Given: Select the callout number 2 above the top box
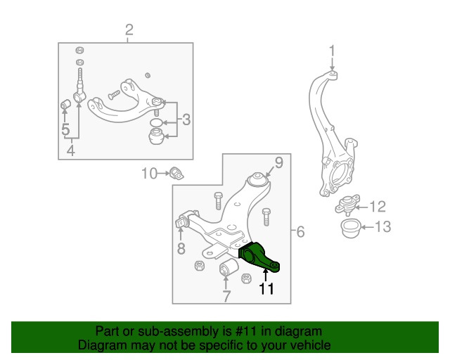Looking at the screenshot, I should click(x=129, y=30).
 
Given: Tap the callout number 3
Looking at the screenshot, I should click(x=186, y=120).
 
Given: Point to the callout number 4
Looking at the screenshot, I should click(x=70, y=150).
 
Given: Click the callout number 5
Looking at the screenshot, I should click(x=65, y=129).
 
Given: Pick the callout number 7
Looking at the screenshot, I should click(x=226, y=296).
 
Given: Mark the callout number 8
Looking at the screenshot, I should click(x=181, y=248).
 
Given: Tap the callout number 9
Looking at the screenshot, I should click(x=278, y=163).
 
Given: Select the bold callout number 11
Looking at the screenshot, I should click(x=266, y=288).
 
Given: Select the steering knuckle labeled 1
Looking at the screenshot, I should click(x=330, y=141).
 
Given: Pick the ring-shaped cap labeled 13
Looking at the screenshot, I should click(x=349, y=228).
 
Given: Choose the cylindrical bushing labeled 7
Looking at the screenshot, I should click(x=226, y=269).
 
